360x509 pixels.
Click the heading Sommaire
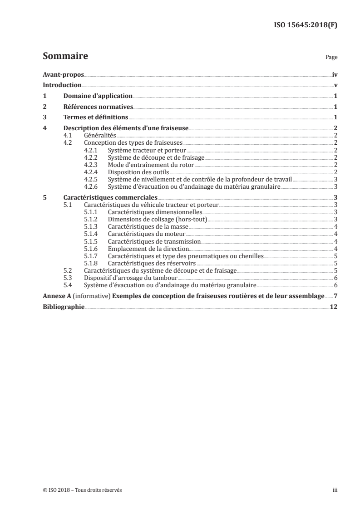pos(65,57)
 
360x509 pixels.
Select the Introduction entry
pos(62,85)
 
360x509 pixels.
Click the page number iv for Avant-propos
pos(335,74)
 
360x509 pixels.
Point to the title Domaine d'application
pos(98,96)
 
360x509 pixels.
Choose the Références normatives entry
pos(98,107)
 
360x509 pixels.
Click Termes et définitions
pos(95,118)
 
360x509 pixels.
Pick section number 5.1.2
pos(92,219)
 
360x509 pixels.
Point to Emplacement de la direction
pos(148,249)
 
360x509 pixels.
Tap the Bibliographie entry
pos(64,307)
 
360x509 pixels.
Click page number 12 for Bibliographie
pos(334,307)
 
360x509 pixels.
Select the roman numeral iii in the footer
pos(335,490)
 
